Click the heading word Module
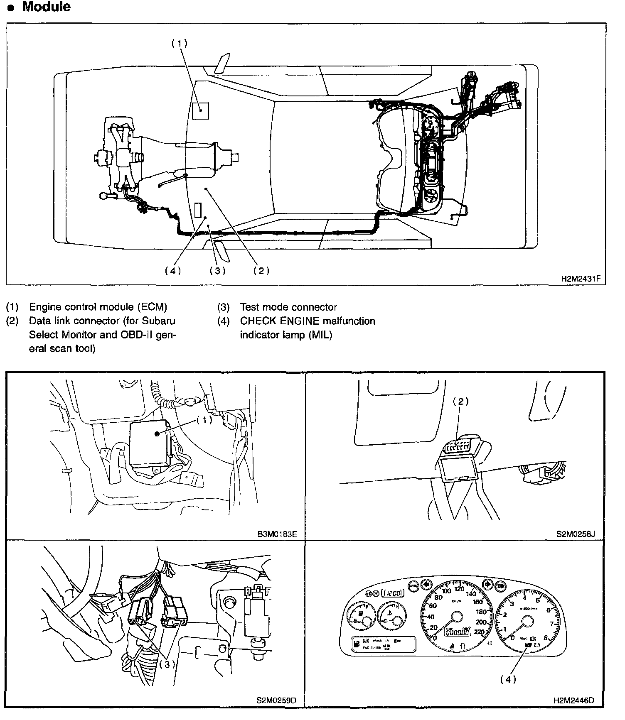coord(46,7)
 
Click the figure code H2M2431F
coord(580,279)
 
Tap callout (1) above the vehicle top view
coord(180,43)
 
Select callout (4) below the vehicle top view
coord(172,271)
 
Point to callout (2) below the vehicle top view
coord(261,271)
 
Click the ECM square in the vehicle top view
coord(200,110)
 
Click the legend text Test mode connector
coord(288,307)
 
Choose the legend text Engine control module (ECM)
coord(98,307)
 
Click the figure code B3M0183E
coord(277,534)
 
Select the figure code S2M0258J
coord(576,534)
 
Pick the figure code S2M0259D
coord(276,700)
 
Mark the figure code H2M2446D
coord(573,700)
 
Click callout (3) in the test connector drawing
coord(167,664)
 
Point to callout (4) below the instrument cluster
coord(508,679)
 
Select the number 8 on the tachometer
coord(545,638)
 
